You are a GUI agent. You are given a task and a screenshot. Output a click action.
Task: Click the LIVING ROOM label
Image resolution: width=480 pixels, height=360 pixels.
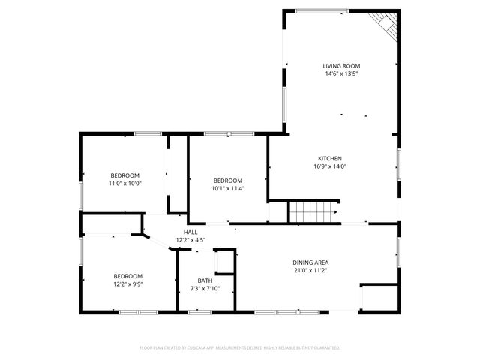(340, 66)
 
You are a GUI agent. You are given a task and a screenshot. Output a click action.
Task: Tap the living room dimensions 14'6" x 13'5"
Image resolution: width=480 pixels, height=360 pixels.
(340, 73)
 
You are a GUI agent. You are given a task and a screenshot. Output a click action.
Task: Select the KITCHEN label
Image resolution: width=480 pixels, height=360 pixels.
(330, 158)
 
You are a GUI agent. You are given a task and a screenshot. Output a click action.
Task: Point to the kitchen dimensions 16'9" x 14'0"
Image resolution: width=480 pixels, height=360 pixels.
(330, 166)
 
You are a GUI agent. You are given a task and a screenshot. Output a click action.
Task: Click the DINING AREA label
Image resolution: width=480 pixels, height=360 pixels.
(310, 262)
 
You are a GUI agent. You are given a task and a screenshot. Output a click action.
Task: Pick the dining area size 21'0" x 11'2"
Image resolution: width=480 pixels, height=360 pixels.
(310, 270)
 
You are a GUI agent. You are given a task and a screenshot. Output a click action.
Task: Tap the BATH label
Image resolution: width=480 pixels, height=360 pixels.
(205, 280)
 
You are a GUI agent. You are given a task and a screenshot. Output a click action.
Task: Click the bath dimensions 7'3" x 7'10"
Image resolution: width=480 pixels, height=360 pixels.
(205, 288)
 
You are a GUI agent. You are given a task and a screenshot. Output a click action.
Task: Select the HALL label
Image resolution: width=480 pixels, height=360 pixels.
(190, 232)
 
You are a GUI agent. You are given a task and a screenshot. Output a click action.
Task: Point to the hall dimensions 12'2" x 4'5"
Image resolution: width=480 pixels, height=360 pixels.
(190, 240)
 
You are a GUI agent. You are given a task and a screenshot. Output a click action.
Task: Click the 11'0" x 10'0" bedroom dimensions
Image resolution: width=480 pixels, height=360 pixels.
(126, 183)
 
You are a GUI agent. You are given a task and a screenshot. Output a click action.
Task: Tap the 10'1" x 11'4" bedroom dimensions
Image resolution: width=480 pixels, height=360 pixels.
(227, 188)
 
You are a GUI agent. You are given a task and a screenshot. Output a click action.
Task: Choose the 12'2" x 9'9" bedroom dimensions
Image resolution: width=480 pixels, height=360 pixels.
(128, 283)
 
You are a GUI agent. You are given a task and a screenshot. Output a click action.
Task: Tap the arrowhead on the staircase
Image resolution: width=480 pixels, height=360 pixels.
(334, 212)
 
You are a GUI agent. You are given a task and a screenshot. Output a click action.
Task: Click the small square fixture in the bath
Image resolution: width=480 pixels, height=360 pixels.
(224, 261)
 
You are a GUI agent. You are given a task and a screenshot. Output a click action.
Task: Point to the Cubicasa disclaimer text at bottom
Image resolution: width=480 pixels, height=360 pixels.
(240, 348)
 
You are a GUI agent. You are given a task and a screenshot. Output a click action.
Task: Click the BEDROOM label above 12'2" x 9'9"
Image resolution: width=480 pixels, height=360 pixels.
(128, 275)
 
